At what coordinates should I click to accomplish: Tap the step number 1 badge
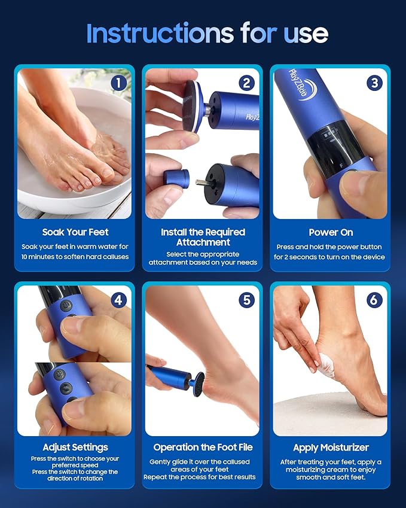[x=118, y=83]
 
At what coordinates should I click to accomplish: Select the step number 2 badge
[x=246, y=83]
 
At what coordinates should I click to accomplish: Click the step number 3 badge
[x=374, y=83]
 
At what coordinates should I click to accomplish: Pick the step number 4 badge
[x=118, y=299]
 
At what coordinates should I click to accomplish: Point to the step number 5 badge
[x=246, y=299]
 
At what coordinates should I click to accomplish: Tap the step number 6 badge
[x=374, y=299]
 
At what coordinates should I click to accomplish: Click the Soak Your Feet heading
[x=75, y=232]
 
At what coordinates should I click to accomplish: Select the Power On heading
[x=331, y=232]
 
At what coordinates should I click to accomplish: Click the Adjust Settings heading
[x=75, y=448]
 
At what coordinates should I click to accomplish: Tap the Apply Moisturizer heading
[x=331, y=448]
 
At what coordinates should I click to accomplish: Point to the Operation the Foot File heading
[x=203, y=448]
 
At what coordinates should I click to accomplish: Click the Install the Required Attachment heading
[x=203, y=237]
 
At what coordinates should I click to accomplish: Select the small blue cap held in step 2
[x=176, y=178]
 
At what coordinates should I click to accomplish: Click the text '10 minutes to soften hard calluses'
[x=75, y=257]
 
